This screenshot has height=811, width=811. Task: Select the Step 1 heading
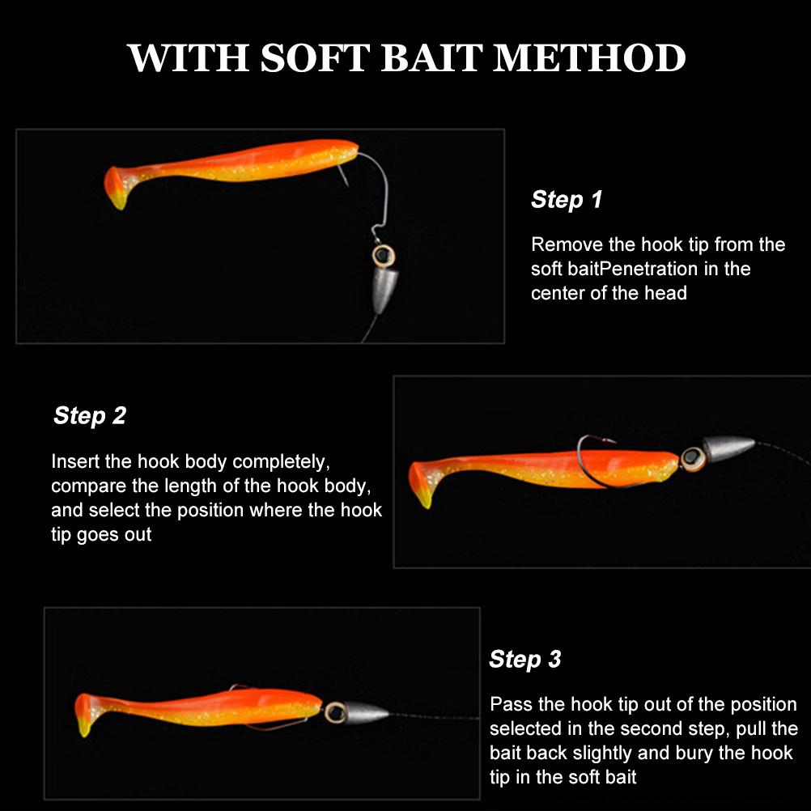[x=567, y=199]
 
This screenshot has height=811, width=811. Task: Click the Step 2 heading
[x=90, y=415]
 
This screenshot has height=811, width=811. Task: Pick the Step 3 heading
[x=524, y=659]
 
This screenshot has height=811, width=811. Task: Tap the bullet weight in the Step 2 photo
[x=726, y=448]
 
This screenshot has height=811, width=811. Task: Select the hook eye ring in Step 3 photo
[x=333, y=713]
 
